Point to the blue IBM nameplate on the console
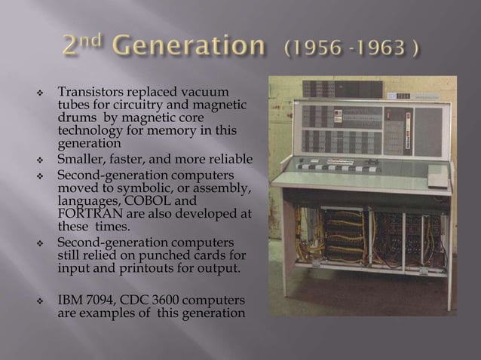403,96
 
